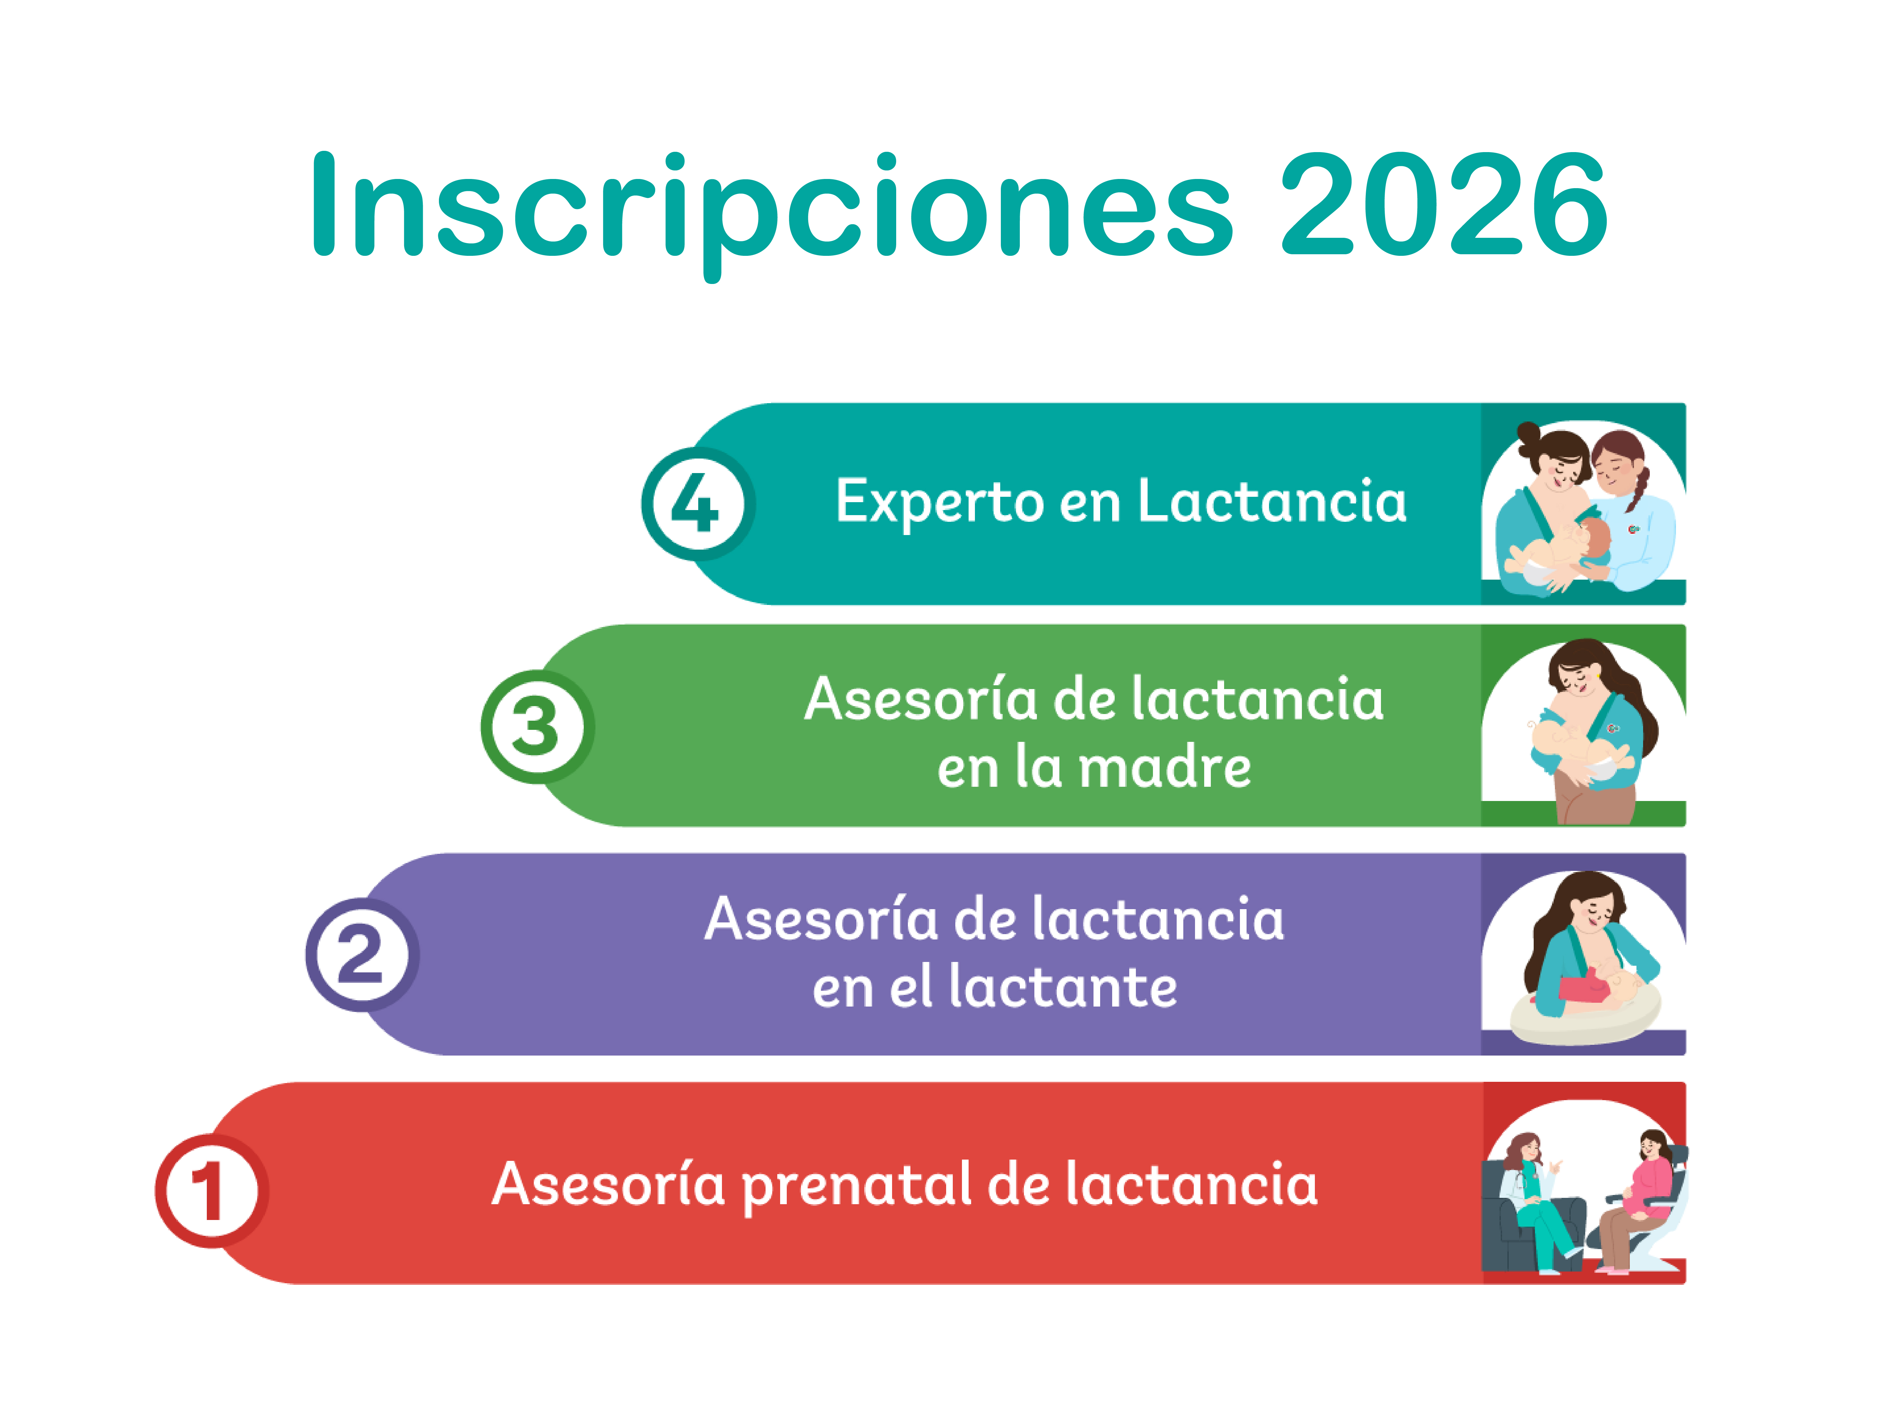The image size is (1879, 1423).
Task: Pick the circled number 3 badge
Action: click(537, 726)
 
